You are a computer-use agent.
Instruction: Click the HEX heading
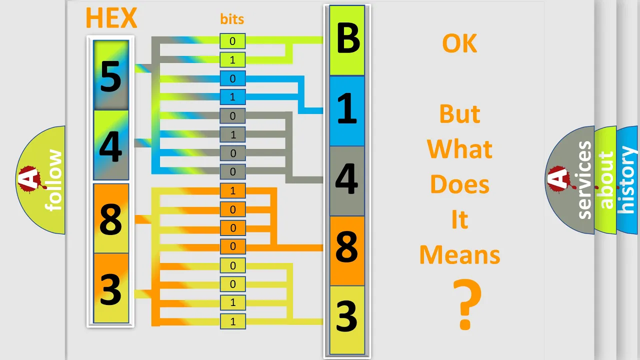click(x=111, y=17)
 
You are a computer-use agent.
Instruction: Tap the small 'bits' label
click(x=232, y=19)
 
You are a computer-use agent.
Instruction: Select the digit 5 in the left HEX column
click(x=111, y=76)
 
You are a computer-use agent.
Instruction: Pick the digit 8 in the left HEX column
click(x=111, y=219)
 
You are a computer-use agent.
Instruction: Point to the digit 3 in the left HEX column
click(x=111, y=289)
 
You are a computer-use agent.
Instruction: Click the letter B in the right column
click(x=347, y=38)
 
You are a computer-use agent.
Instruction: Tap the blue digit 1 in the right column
click(x=347, y=109)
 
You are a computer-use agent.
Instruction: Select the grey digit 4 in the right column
click(x=347, y=178)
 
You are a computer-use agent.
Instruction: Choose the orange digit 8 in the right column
click(x=347, y=246)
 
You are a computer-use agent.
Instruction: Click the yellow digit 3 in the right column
click(x=347, y=316)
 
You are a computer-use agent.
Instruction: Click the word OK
click(x=459, y=43)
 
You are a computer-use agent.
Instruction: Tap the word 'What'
click(x=459, y=149)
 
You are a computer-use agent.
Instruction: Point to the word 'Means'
click(x=459, y=255)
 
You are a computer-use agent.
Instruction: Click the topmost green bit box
click(x=232, y=41)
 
